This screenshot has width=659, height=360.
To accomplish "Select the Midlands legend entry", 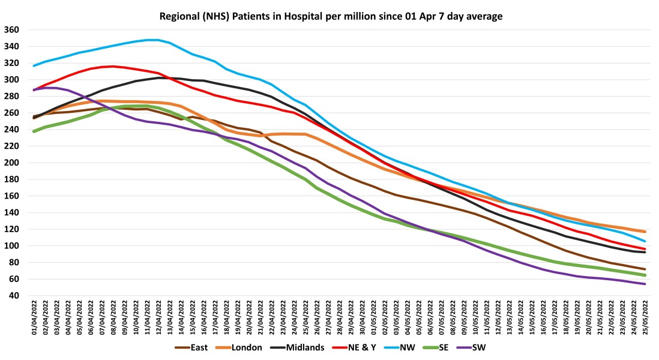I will [x=301, y=347].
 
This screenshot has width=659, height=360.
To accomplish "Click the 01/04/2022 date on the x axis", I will [x=34, y=318].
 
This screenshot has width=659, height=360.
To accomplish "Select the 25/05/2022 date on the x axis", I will [x=645, y=318].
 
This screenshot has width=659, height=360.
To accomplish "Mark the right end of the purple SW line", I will [x=645, y=284].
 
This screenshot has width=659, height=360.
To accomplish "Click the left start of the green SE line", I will [x=34, y=131].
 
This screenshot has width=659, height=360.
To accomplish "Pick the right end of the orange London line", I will [x=645, y=232].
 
